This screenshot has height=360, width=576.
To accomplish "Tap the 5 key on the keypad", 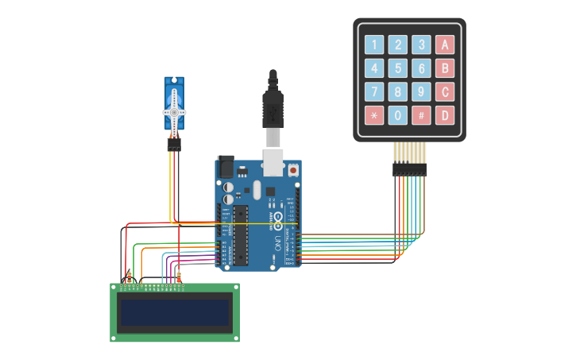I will coord(398,68).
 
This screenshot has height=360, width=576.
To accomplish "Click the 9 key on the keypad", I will coord(421,91).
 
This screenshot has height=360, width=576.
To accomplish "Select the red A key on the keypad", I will coord(445,45).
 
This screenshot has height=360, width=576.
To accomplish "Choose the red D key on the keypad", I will coord(445,115).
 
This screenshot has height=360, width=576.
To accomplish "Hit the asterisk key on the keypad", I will coord(374,115).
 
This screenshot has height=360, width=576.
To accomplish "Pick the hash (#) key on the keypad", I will coord(421,115).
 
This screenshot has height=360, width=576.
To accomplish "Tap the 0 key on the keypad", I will coord(398,115).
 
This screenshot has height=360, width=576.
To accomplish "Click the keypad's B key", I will coord(445,68).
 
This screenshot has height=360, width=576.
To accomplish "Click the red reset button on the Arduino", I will coord(292,170).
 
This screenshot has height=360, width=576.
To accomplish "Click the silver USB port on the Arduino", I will coord(273,162).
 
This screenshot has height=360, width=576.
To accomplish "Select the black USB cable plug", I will coord(273,107).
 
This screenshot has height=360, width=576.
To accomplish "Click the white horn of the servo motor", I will coord(174,111).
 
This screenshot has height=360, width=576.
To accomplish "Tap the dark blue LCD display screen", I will coord(174,312).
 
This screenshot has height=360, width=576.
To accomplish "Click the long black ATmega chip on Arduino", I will coord(240,234).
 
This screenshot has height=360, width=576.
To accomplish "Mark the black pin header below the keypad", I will coord(409,169).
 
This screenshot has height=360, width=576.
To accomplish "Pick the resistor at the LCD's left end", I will coord(130,277).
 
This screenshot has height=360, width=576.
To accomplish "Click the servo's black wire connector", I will coord(174,144).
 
